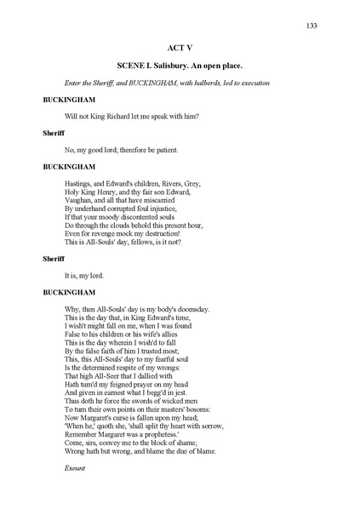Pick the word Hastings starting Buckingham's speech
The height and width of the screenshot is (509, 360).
click(78, 183)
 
